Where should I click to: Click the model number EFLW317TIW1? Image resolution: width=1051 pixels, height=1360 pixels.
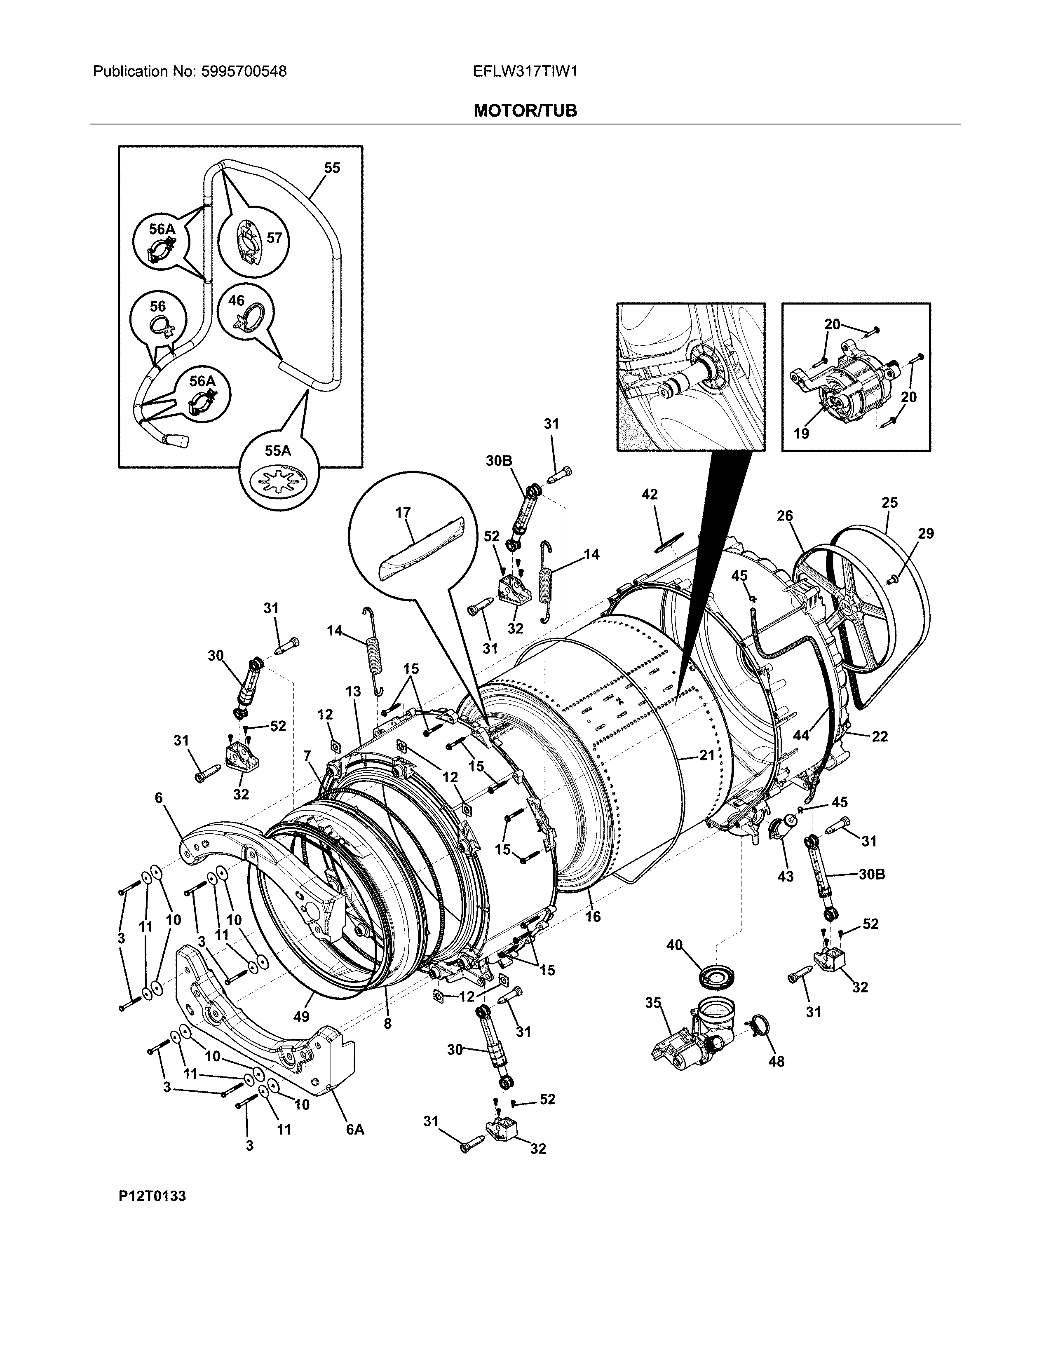tap(525, 72)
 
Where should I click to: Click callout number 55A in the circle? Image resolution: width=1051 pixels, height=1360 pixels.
tap(278, 450)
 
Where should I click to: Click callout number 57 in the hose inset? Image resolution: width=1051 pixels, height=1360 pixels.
tap(274, 237)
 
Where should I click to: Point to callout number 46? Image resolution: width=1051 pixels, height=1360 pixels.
tap(236, 301)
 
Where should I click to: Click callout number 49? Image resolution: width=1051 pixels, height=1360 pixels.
tap(301, 1016)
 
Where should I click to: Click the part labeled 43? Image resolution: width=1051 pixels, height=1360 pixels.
tap(781, 831)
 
